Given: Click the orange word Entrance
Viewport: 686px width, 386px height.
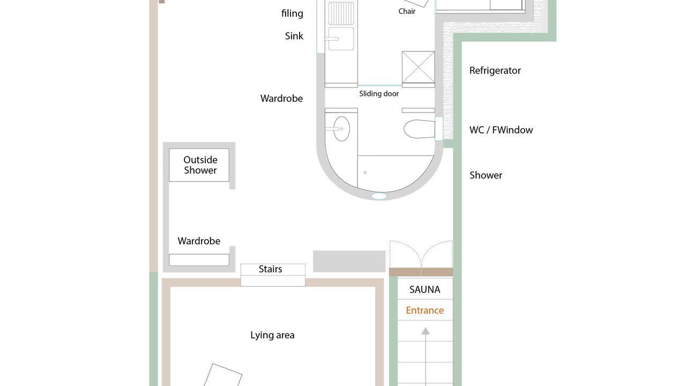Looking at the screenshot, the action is click(x=425, y=310).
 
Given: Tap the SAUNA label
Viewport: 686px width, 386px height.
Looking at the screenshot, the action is click(x=425, y=289).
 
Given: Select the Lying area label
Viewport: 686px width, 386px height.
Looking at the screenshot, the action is click(x=272, y=335).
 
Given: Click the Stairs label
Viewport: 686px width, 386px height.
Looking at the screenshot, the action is click(x=271, y=269).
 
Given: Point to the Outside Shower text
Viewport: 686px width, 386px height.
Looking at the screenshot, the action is click(x=200, y=165).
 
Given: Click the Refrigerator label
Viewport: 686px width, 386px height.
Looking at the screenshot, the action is click(x=495, y=70).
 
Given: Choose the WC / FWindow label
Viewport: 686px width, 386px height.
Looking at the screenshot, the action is click(x=501, y=130).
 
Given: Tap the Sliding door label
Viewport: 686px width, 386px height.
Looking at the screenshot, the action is click(x=379, y=94).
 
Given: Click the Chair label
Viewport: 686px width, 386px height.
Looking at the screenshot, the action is click(x=407, y=11).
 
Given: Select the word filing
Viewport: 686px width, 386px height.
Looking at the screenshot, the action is click(x=292, y=13).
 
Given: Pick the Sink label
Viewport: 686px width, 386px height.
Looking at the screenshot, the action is click(x=294, y=36).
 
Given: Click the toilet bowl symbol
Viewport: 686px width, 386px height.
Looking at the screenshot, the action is click(x=419, y=129).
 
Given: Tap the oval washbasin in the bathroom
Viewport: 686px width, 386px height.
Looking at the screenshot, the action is click(x=341, y=129).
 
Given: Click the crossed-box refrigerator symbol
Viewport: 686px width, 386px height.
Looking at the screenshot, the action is click(x=419, y=68).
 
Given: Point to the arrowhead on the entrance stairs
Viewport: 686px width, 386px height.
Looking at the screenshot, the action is click(x=426, y=331).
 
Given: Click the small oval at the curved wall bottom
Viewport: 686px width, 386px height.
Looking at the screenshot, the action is click(x=379, y=196).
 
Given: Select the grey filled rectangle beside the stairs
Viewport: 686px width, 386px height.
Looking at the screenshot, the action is click(x=349, y=261).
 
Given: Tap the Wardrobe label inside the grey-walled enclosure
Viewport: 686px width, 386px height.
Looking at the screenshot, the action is click(x=199, y=241).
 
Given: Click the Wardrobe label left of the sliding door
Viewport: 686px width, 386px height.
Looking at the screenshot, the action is click(x=281, y=98).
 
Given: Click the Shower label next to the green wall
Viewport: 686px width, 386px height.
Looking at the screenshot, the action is click(x=486, y=175).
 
